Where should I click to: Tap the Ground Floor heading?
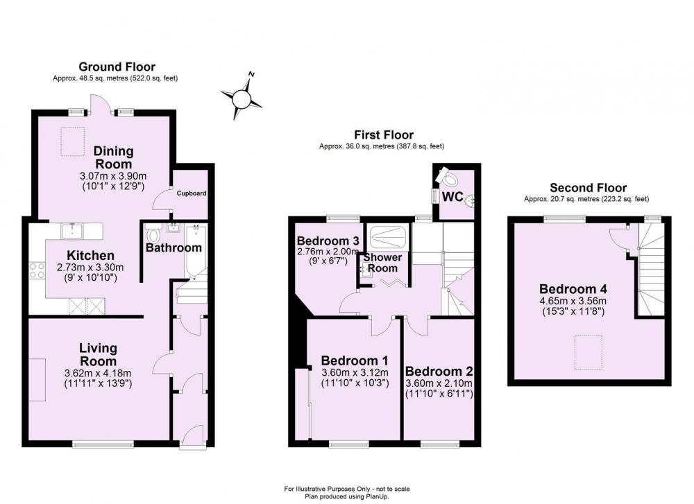pos(117,67)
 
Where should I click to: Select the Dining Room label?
pos(113,157)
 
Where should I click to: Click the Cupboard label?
pos(189,193)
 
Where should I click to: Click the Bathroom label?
pos(173,247)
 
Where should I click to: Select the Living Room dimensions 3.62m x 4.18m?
pos(97,374)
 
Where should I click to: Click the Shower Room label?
pos(382,263)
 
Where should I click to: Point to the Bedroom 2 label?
pos(439,371)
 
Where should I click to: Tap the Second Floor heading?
pos(588,188)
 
